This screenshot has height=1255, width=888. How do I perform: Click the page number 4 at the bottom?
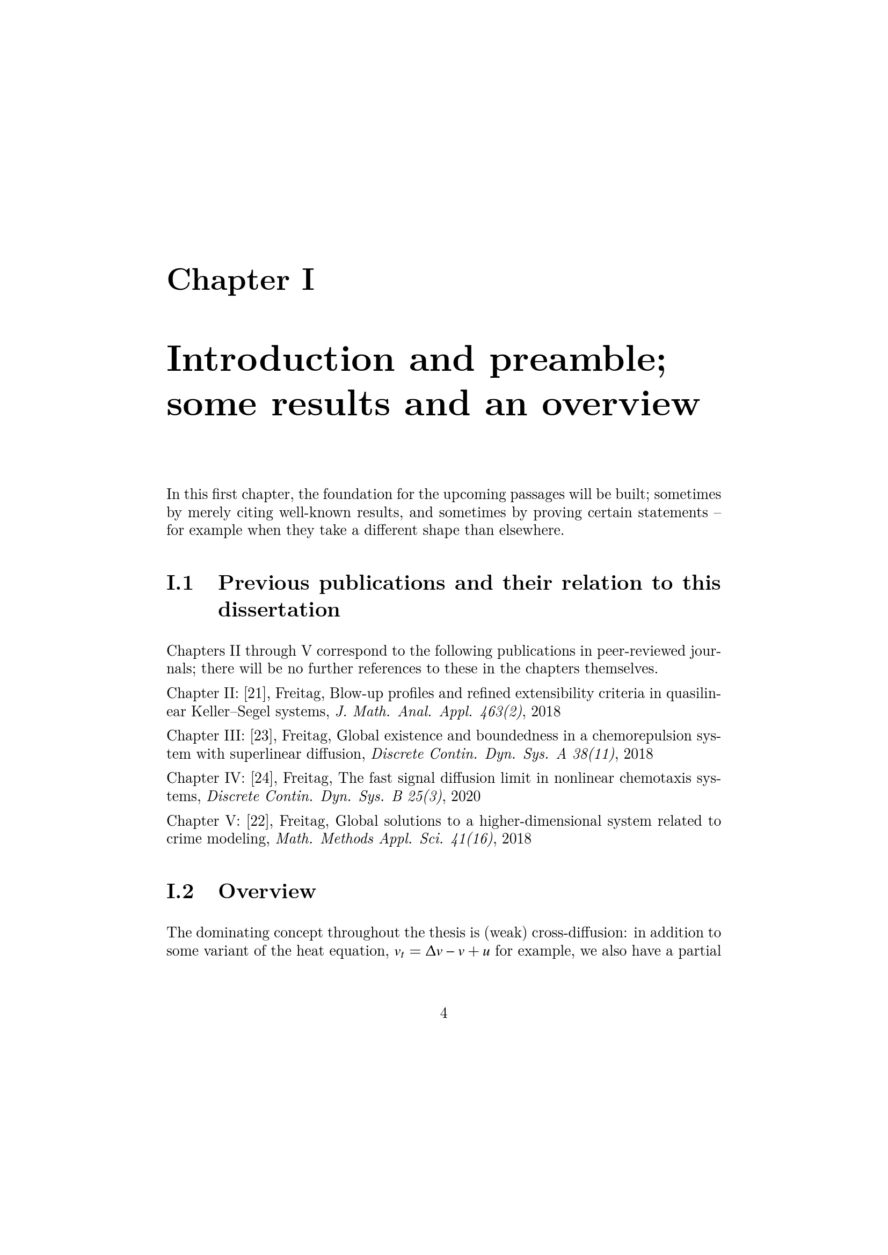click(443, 1014)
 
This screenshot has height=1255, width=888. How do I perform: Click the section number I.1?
click(180, 584)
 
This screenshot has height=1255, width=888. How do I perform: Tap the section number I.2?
click(180, 892)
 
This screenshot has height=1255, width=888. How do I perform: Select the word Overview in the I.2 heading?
click(267, 892)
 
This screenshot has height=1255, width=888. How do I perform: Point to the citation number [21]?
click(256, 694)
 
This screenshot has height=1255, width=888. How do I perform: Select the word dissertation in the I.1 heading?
click(279, 610)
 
